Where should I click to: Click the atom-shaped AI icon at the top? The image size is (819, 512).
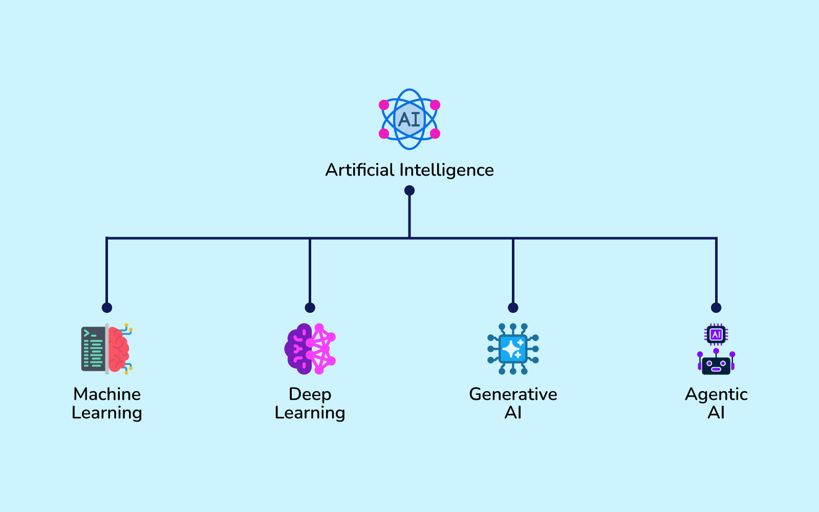pos(409,119)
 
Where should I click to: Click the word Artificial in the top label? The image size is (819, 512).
pos(360,170)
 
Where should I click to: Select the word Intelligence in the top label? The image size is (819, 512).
pos(446,170)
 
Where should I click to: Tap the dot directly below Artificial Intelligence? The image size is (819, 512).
pos(409,190)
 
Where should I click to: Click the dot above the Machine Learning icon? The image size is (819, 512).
pos(106,308)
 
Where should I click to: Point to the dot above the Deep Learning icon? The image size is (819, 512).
pos(310,308)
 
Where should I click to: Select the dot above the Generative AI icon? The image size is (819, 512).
pos(513,308)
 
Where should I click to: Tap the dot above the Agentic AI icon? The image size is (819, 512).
pos(716,308)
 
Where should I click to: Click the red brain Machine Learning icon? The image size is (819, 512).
pos(107,349)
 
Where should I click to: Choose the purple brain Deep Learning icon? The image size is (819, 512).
pos(310,349)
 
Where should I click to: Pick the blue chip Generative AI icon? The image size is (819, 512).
pos(513,349)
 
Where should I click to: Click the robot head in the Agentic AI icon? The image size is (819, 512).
pos(716,365)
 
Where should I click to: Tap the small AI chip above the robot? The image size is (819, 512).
pos(716,335)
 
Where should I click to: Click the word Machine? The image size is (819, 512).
pos(107,394)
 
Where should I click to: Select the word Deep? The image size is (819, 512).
pos(310,394)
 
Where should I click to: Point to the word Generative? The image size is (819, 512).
pos(513,394)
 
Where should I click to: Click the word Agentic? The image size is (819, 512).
pos(716,394)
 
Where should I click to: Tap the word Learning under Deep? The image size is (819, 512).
pos(310,413)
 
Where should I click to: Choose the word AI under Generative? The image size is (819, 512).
pos(513,413)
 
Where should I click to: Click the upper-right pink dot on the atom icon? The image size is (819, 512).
pos(435,105)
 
